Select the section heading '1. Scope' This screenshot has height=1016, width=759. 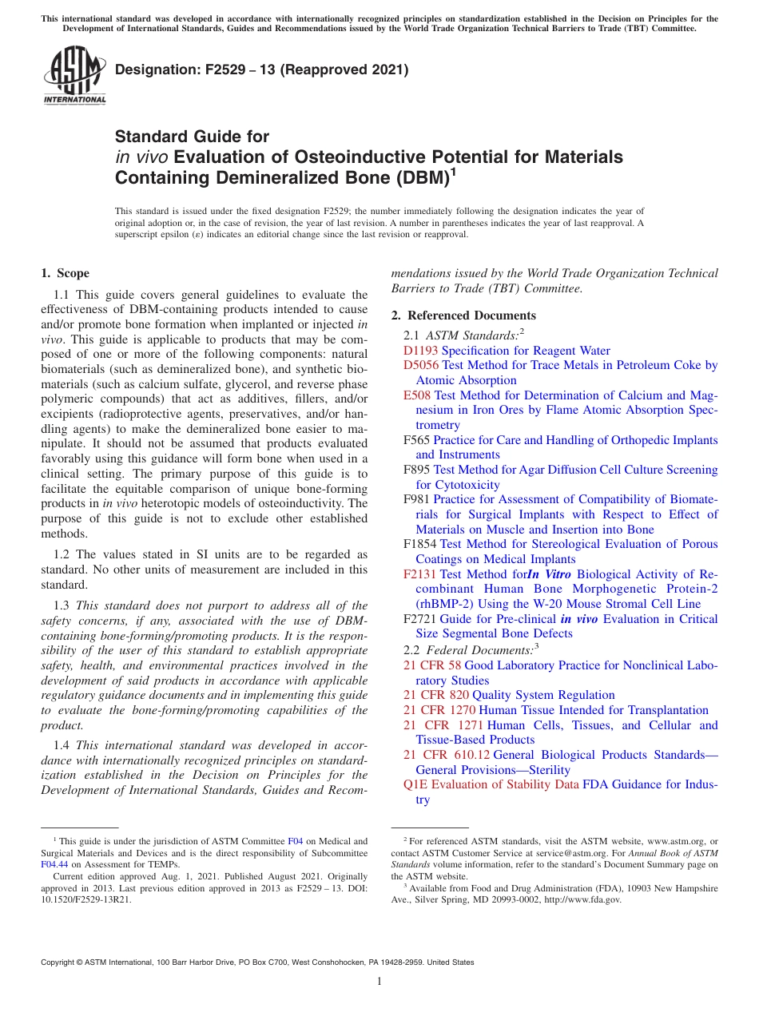(65, 273)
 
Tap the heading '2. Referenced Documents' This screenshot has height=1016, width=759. (463, 315)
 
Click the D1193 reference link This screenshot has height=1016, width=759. (421, 351)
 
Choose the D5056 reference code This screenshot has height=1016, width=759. (421, 366)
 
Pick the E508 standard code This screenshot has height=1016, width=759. (417, 395)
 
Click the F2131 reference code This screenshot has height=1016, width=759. (419, 574)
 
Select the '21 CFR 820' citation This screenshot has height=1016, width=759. (435, 695)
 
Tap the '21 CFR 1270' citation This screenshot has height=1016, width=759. (439, 710)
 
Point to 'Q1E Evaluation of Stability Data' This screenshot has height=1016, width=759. (491, 784)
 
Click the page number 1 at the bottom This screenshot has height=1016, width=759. (379, 982)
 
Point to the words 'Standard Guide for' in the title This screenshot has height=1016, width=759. (192, 137)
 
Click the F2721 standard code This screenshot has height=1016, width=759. (419, 619)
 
